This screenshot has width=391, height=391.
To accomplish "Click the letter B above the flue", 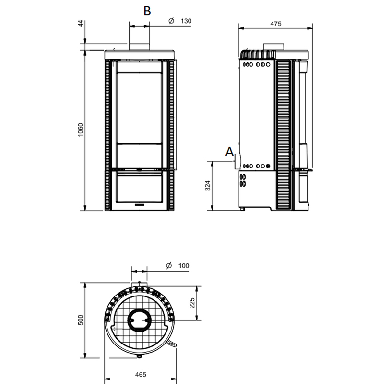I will (x=147, y=11).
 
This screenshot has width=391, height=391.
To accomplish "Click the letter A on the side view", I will (x=229, y=152).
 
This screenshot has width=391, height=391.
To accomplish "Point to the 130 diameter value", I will (x=187, y=21).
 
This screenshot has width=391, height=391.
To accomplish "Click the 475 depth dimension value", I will (x=275, y=23).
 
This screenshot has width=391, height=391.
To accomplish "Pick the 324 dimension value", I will (x=207, y=186).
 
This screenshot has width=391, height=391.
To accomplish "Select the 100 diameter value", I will (x=184, y=266).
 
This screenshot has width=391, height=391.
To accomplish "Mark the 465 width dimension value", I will (x=140, y=374).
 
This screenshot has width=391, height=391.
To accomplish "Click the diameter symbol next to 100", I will (x=168, y=266).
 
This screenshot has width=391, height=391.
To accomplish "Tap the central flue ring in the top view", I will (x=140, y=320).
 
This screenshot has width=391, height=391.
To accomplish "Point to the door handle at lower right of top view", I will (x=172, y=344).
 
